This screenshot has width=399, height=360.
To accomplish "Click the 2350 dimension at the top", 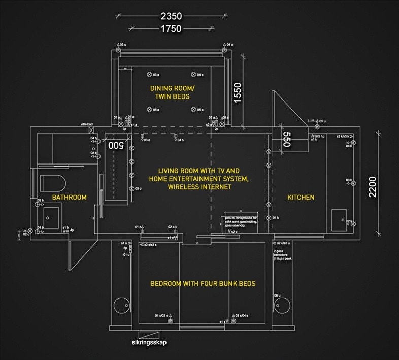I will click(x=171, y=16).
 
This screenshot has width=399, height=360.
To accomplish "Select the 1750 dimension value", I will click(x=171, y=29).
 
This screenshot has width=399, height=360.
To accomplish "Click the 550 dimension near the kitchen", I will click(x=286, y=140).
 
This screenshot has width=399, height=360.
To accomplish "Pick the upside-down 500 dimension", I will click(x=116, y=145).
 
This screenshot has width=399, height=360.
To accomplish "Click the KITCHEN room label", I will click(x=301, y=197).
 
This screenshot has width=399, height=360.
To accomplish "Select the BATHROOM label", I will click(x=69, y=197).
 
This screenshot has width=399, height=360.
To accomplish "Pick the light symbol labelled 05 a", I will click(x=193, y=109).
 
